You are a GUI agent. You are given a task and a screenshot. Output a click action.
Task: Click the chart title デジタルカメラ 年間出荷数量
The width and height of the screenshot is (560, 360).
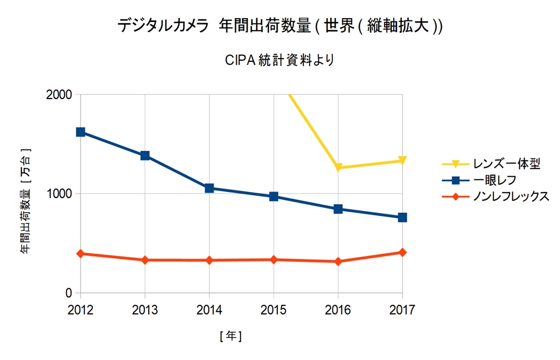280,26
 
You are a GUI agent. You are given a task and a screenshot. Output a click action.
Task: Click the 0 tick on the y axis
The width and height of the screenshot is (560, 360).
69,293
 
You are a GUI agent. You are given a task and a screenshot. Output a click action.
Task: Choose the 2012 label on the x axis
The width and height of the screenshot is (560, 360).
80,310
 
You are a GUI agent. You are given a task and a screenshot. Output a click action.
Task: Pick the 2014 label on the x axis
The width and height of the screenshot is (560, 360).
209,310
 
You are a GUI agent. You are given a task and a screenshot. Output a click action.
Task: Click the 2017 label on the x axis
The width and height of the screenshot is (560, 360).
402,310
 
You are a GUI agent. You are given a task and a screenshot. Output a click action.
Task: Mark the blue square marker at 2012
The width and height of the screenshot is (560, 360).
80,132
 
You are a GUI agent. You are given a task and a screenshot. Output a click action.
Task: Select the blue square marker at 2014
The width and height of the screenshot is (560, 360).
209,188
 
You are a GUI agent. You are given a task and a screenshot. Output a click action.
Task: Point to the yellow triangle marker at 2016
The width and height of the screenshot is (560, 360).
339,168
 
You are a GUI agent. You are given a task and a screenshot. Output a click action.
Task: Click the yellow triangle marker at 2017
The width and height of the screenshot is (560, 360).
402,161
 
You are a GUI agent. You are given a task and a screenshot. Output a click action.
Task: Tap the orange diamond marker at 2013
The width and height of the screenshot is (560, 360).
145,260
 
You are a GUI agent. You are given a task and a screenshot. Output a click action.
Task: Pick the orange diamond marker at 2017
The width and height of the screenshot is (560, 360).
402,252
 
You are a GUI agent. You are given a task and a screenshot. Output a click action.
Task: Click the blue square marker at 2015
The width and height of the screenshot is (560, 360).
274,196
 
